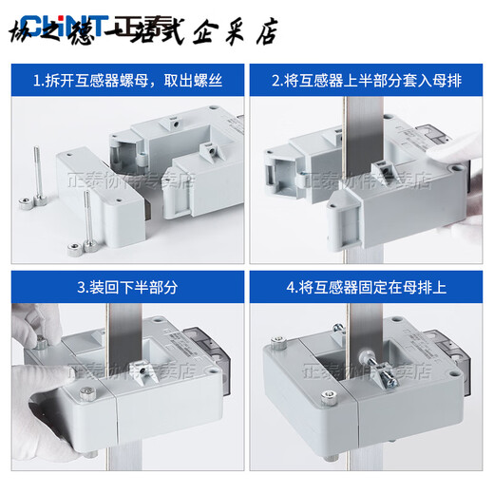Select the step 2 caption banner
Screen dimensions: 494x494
(x=367, y=80)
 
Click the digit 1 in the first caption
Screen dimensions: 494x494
(x=36, y=80)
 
